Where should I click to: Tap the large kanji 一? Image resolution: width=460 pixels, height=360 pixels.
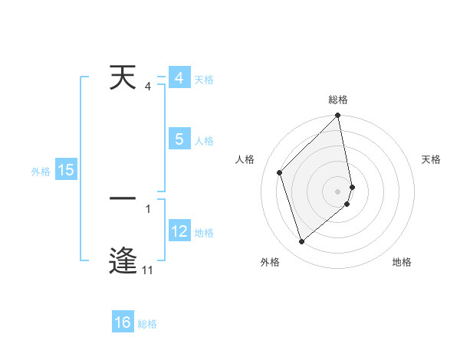(124, 199)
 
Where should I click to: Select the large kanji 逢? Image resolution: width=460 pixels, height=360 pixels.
(124, 259)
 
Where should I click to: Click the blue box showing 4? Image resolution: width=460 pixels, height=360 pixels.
(179, 79)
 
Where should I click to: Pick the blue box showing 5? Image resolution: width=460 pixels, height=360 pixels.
(179, 139)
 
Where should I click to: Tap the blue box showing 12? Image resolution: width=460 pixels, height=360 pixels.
(179, 231)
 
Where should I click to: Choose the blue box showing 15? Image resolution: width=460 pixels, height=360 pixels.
(66, 170)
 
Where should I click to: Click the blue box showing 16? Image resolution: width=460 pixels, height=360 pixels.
(123, 322)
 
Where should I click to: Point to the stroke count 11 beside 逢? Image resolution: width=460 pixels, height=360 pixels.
(147, 270)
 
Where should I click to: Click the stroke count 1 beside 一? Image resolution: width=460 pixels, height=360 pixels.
(148, 208)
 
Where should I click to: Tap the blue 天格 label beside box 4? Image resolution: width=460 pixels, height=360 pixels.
(204, 80)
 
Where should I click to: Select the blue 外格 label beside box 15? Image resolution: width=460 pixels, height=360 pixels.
(41, 172)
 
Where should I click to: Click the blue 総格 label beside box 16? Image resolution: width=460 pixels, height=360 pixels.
(147, 324)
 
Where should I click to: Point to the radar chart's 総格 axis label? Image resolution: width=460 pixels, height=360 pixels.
(338, 100)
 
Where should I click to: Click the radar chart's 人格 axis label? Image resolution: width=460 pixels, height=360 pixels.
(245, 159)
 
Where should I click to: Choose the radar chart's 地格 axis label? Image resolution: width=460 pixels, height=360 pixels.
(402, 263)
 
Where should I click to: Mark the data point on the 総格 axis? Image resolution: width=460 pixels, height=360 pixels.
(338, 116)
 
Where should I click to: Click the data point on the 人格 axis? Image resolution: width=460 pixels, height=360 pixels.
(280, 172)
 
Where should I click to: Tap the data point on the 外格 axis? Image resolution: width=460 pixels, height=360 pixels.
(302, 242)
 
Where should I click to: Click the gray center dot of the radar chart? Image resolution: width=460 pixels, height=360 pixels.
(338, 191)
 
